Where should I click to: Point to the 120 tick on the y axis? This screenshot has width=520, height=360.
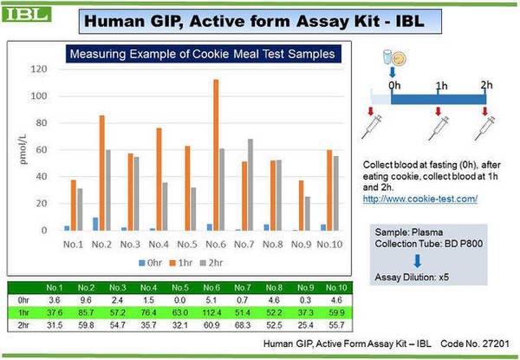(x=37, y=69)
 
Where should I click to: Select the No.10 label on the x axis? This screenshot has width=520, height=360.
(x=328, y=244)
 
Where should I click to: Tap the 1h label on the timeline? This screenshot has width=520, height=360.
(x=441, y=86)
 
